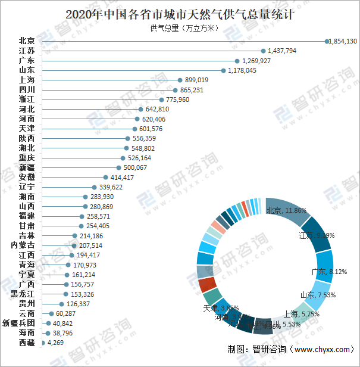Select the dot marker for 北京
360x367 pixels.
pyautogui.click(x=327, y=41)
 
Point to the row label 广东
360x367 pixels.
pyautogui.click(x=27, y=61)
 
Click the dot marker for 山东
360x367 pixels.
pyautogui.click(x=223, y=70)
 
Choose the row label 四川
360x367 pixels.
pyautogui.click(x=27, y=89)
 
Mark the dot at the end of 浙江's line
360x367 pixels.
pyautogui.click(x=161, y=99)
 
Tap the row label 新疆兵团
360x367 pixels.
pyautogui.click(x=18, y=323)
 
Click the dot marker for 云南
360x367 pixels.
pyautogui.click(x=51, y=313)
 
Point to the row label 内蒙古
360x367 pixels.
pyautogui.click(x=23, y=245)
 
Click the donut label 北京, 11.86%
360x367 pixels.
pyautogui.click(x=286, y=210)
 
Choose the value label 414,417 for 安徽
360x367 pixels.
pyautogui.click(x=122, y=177)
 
